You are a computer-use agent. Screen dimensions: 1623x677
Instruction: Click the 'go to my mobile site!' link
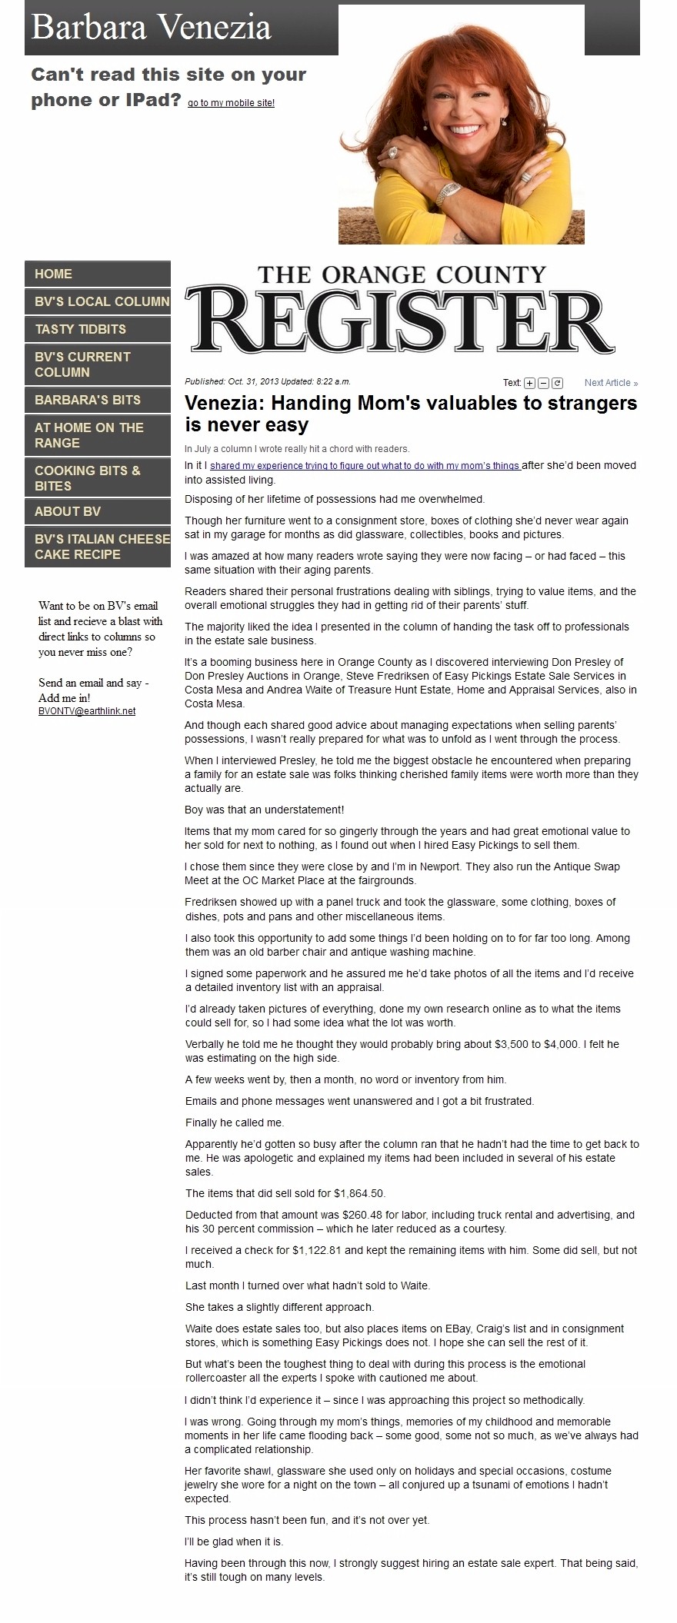click(x=231, y=103)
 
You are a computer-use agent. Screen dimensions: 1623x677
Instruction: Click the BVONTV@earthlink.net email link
click(x=87, y=711)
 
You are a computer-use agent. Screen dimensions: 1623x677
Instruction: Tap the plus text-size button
click(x=529, y=383)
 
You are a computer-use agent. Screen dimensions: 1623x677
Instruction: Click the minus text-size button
click(x=543, y=383)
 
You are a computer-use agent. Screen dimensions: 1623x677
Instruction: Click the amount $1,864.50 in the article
click(x=359, y=1194)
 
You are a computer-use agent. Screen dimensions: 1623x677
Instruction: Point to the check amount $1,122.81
click(x=317, y=1250)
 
